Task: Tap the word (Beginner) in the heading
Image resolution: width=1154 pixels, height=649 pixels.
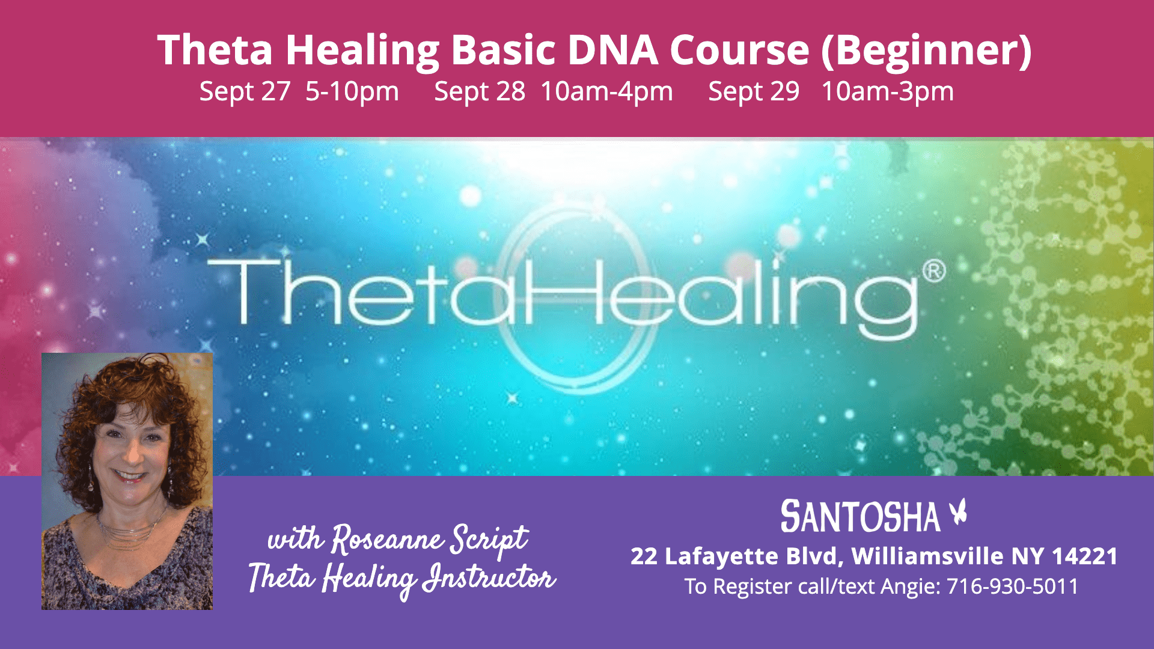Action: (x=926, y=51)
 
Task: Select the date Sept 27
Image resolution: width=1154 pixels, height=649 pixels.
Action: (x=245, y=92)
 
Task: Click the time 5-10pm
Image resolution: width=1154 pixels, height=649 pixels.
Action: (x=352, y=92)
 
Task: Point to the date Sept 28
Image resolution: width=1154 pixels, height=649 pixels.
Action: (x=480, y=92)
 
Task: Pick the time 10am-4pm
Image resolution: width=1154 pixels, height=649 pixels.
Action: (x=606, y=92)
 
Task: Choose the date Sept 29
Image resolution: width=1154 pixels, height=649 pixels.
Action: (x=754, y=92)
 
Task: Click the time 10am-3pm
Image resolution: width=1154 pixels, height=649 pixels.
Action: (x=887, y=92)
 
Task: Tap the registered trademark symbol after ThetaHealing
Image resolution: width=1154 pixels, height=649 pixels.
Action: (x=933, y=271)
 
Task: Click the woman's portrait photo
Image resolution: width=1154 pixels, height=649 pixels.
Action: (x=127, y=481)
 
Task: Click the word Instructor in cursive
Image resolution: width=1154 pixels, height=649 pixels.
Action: (x=488, y=578)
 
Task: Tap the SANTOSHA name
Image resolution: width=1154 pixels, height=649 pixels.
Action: (x=860, y=517)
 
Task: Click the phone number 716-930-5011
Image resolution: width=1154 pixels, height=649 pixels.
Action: (x=1013, y=587)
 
